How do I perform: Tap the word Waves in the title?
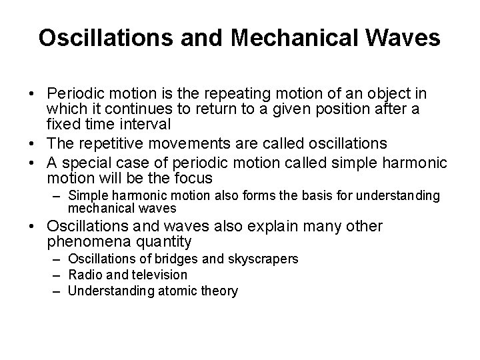click(405, 38)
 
